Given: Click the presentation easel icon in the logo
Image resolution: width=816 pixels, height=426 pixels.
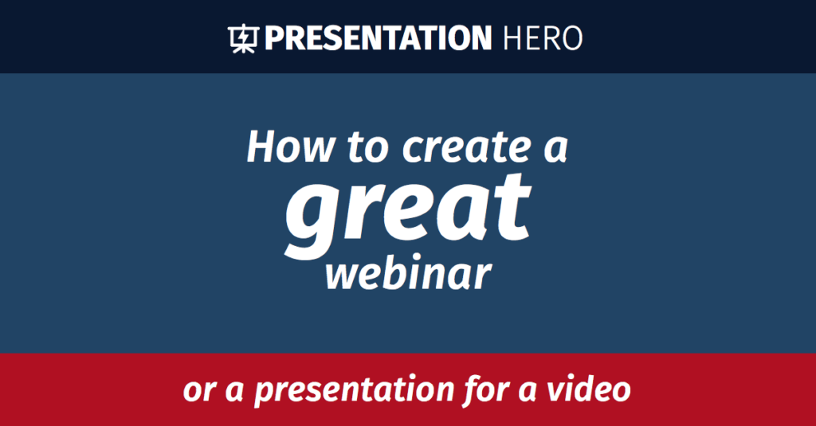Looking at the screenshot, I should click(x=243, y=37).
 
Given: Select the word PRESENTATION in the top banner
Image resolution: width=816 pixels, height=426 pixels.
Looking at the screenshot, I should click(x=378, y=37).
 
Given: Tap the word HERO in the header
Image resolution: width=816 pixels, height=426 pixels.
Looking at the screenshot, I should click(x=543, y=37).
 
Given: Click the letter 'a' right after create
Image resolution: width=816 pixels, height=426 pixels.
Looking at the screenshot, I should click(x=553, y=149).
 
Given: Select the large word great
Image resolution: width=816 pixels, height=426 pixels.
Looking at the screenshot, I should click(x=407, y=209).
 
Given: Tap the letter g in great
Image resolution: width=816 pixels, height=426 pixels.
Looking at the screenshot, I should click(x=311, y=215).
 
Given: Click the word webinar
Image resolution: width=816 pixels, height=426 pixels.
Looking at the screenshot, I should click(x=407, y=275).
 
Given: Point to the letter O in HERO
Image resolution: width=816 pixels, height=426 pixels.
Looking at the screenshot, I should click(x=569, y=37).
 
